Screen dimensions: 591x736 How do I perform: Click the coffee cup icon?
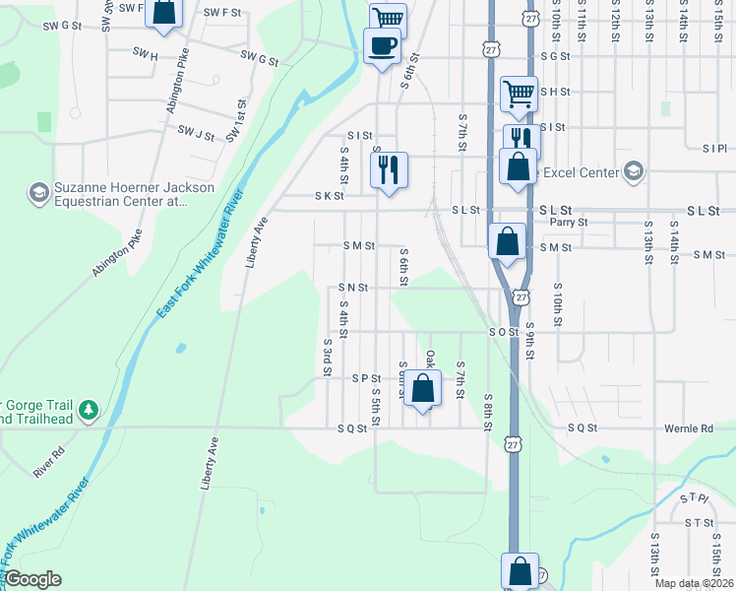pyautogui.click(x=381, y=44)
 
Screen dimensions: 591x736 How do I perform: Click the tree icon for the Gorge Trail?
pyautogui.click(x=89, y=409)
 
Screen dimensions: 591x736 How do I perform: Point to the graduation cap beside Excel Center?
pyautogui.click(x=633, y=172)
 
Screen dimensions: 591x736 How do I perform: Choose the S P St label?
pyautogui.click(x=366, y=378)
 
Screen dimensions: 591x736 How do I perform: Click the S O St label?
pyautogui.click(x=504, y=333)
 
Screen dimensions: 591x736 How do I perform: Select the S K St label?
pyautogui.click(x=329, y=196)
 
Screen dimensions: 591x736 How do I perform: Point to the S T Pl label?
pyautogui.click(x=694, y=499)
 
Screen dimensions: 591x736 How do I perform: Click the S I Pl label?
pyautogui.click(x=714, y=149)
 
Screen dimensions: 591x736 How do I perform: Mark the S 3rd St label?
pyautogui.click(x=327, y=359)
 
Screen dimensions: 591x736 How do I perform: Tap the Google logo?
pyautogui.click(x=32, y=579)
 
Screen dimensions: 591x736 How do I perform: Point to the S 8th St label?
pyautogui.click(x=487, y=413)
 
